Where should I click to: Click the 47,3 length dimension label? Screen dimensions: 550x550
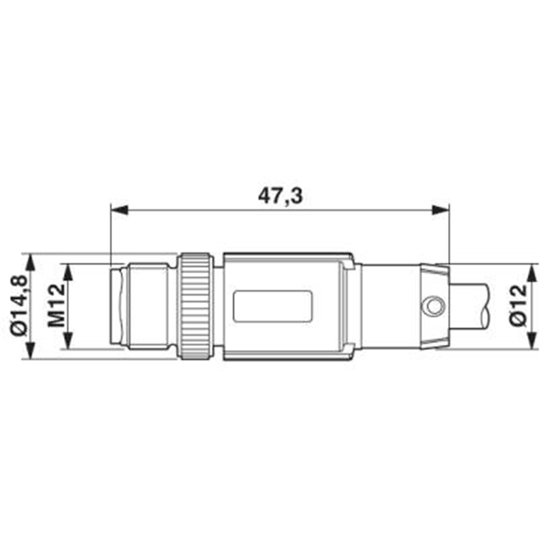click(280, 196)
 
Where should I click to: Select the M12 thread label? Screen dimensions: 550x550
click(56, 305)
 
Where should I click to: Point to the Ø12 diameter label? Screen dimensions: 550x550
click(518, 306)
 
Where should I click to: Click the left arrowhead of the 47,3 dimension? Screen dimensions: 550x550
click(119, 210)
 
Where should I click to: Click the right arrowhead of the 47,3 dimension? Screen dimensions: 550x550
click(441, 210)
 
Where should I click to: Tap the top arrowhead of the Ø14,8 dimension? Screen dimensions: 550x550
click(31, 262)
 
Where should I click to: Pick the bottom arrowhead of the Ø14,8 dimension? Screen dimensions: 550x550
click(31, 350)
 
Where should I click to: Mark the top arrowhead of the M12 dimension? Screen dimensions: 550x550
click(68, 272)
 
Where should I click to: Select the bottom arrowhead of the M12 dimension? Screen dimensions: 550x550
click(68, 340)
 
